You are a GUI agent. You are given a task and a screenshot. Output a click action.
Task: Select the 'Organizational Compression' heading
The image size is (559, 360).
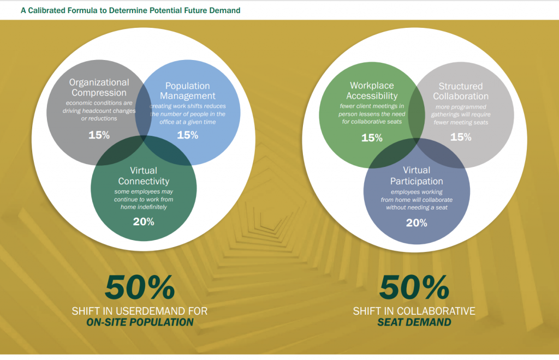(x=99, y=88)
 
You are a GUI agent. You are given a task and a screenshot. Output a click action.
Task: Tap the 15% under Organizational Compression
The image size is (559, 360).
(x=99, y=135)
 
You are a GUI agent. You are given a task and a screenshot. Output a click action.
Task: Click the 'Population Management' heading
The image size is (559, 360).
(x=188, y=91)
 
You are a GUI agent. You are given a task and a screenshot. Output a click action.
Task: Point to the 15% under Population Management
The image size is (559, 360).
(x=188, y=135)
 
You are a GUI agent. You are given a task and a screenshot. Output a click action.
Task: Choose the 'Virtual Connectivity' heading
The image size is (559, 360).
(x=144, y=176)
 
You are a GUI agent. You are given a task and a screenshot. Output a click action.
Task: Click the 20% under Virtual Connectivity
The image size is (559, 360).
(x=144, y=222)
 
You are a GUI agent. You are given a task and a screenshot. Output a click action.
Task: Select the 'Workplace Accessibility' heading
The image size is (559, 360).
(x=372, y=91)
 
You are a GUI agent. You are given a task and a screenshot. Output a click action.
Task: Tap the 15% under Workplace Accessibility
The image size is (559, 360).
(x=372, y=138)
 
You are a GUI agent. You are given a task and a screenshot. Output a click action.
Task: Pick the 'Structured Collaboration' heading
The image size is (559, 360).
(x=461, y=91)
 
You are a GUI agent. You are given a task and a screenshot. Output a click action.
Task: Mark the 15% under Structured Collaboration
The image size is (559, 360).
(x=461, y=137)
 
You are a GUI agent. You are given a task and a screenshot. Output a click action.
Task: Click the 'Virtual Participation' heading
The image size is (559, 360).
(x=417, y=176)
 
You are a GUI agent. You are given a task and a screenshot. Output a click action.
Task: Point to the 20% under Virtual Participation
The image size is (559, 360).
(x=417, y=223)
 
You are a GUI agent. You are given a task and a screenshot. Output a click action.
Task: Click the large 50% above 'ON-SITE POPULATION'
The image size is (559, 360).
(x=140, y=287)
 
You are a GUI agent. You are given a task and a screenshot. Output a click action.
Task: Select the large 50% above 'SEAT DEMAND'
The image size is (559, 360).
(x=414, y=287)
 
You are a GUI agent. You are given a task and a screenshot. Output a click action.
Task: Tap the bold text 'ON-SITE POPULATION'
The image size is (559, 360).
(x=140, y=322)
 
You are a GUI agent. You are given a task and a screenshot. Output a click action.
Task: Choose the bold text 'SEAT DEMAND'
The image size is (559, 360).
(x=414, y=322)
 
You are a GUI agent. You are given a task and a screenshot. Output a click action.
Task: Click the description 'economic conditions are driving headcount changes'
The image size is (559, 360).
(x=99, y=107)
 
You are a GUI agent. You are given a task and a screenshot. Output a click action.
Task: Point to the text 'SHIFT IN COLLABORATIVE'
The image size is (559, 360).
(x=414, y=311)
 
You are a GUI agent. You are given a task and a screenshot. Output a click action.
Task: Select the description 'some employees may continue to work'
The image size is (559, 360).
(x=144, y=195)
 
